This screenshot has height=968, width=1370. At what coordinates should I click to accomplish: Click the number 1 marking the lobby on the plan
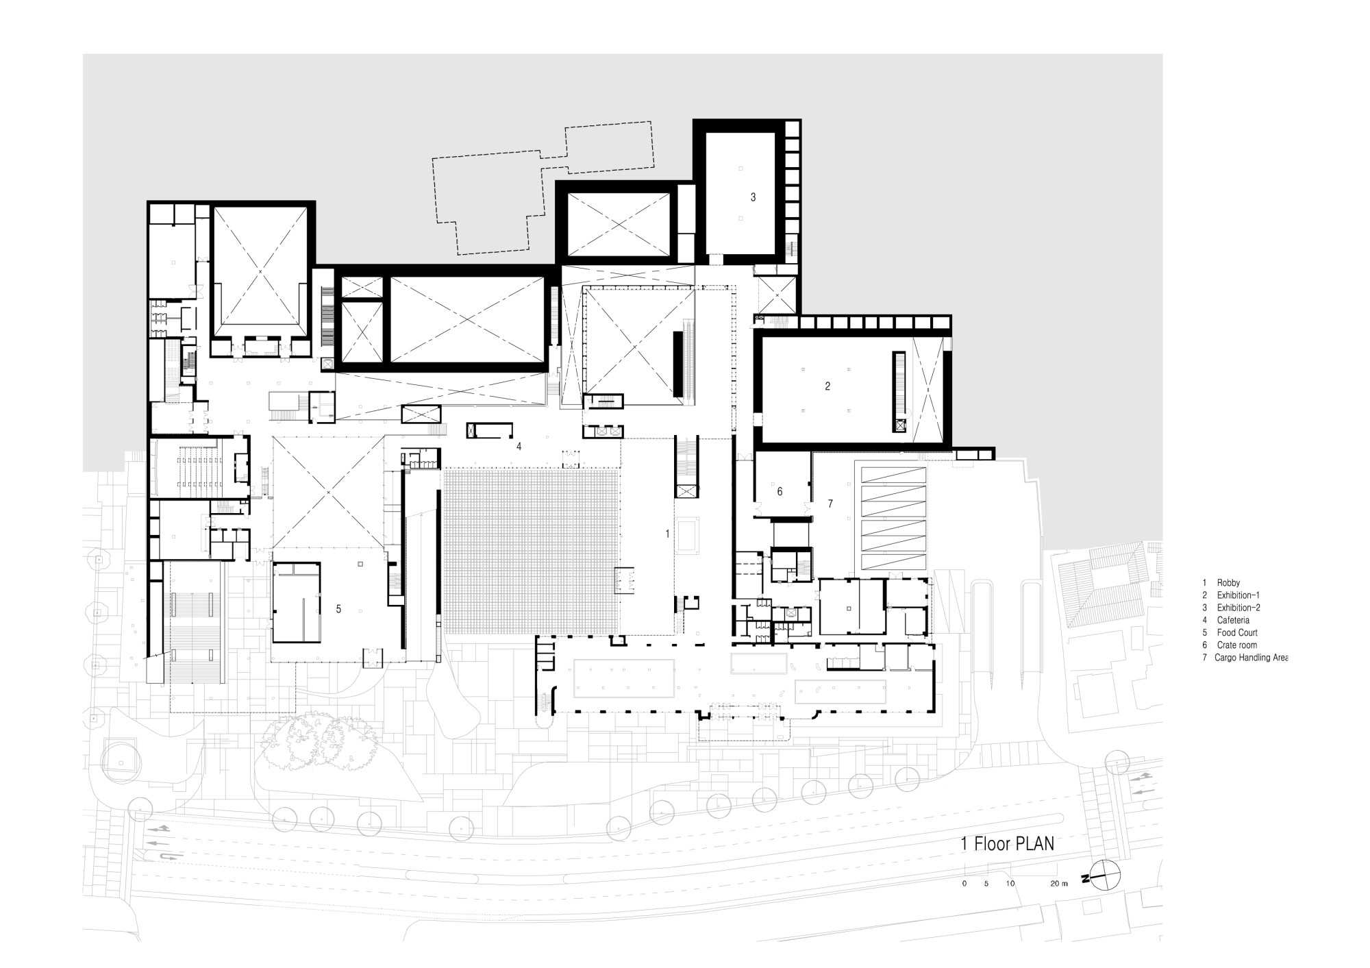[x=667, y=533]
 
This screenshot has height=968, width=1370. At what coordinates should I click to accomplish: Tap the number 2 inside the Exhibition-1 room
[x=827, y=386]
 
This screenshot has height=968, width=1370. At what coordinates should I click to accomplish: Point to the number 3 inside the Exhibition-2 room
[x=753, y=197]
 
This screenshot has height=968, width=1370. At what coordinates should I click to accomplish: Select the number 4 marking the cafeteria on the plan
[x=519, y=447]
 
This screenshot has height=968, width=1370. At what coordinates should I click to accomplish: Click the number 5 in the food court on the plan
[x=338, y=608]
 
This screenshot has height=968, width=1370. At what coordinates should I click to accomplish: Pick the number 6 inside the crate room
[x=780, y=491]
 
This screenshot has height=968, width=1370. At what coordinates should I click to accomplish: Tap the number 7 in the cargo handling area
[x=830, y=504]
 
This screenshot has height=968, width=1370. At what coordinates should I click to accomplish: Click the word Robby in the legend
[x=1228, y=583]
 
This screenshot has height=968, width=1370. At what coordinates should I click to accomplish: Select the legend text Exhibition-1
[x=1238, y=595]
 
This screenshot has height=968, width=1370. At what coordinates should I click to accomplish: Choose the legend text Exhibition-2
[x=1238, y=608]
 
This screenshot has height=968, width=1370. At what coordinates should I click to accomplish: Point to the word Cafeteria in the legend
[x=1233, y=620]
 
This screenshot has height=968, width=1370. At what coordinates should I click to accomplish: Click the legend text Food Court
[x=1237, y=632]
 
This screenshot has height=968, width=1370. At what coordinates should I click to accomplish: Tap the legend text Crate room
[x=1237, y=645]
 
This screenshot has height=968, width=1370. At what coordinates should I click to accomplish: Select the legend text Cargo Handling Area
[x=1251, y=658]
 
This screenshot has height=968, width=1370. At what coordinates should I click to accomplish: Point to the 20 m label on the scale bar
[x=1059, y=884]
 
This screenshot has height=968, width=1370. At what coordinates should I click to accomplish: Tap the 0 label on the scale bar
[x=964, y=884]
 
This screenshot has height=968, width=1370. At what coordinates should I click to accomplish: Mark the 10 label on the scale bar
[x=1010, y=884]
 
